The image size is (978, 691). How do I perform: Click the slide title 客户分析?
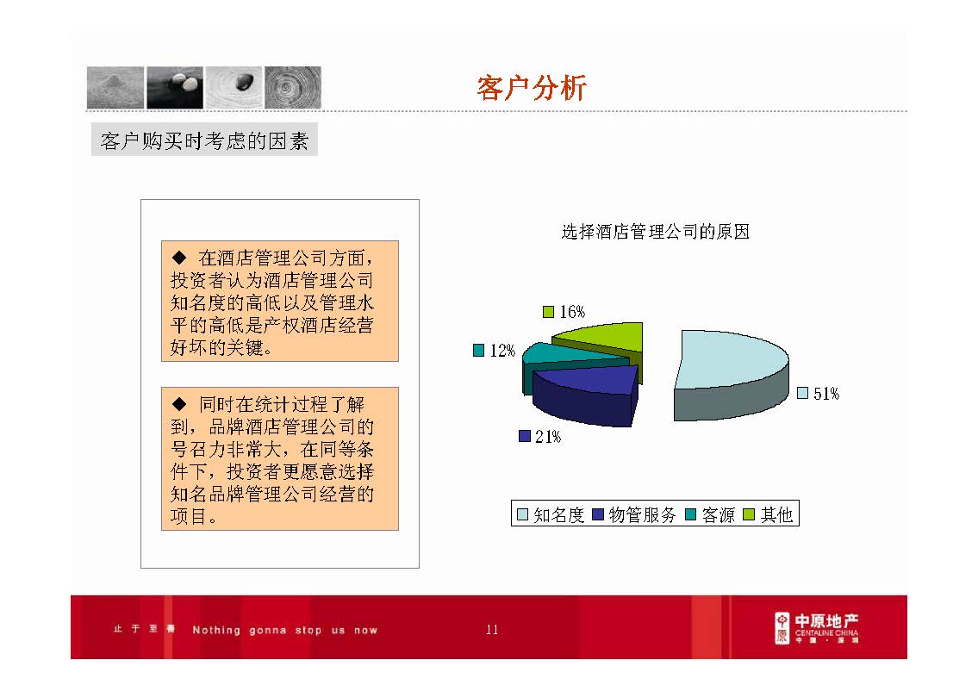click(x=532, y=88)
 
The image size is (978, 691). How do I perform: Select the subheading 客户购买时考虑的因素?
click(x=204, y=141)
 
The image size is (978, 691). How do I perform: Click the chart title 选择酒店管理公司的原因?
click(x=655, y=232)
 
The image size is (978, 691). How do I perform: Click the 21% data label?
click(x=547, y=437)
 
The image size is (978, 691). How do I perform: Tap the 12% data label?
click(x=502, y=351)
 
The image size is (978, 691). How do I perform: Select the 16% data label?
click(x=572, y=312)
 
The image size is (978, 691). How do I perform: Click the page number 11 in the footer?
click(x=492, y=630)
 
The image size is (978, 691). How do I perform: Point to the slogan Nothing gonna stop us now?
click(x=284, y=630)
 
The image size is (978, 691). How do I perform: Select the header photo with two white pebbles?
click(x=175, y=87)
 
